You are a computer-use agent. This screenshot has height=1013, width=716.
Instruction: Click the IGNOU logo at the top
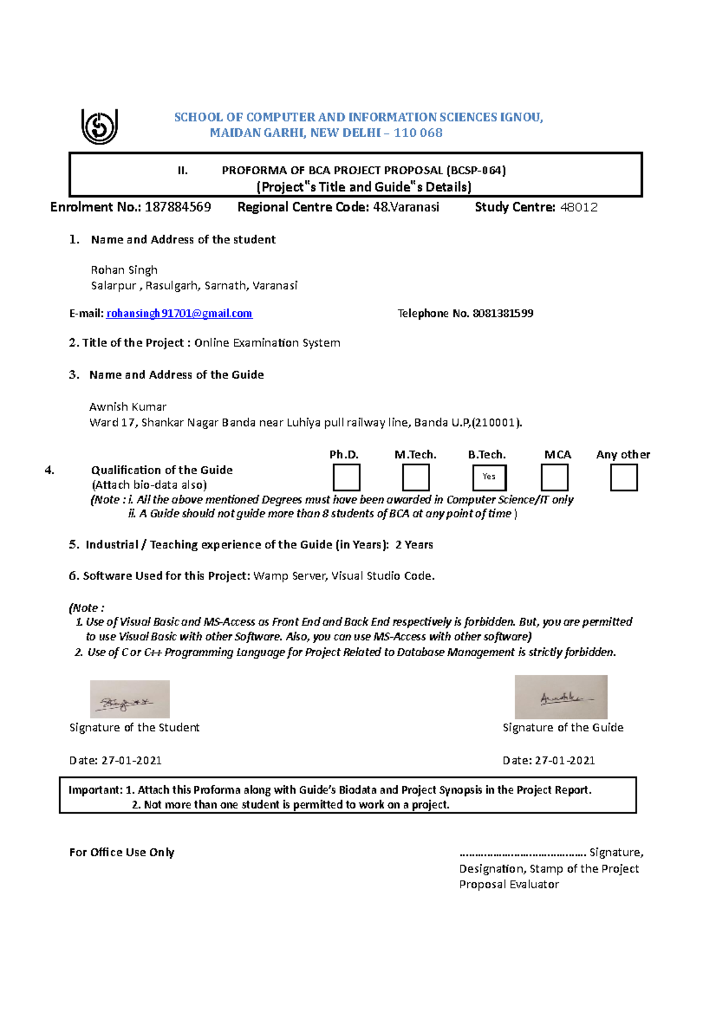[100, 126]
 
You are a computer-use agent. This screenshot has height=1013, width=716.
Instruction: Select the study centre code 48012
[579, 208]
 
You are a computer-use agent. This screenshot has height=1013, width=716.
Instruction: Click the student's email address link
[179, 314]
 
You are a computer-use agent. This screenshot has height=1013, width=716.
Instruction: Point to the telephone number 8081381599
[503, 314]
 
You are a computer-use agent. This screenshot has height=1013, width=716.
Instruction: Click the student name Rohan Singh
[124, 270]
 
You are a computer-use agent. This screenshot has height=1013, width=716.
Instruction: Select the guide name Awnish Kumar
[128, 407]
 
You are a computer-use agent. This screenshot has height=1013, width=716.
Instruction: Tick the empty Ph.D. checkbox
[347, 478]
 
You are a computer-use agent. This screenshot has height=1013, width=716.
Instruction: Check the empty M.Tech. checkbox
[416, 478]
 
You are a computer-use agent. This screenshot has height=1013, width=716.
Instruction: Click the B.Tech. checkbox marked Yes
[489, 477]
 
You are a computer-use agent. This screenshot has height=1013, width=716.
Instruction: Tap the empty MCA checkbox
[554, 478]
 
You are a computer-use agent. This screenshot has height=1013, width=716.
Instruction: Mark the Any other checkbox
[624, 478]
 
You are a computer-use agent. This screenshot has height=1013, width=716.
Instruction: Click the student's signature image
[130, 699]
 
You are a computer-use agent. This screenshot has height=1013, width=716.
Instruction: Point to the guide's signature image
[561, 697]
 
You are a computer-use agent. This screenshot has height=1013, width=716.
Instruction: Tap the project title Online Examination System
[267, 343]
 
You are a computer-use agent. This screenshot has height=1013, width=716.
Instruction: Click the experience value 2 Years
[414, 545]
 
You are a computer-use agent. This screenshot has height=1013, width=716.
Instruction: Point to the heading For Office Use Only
[122, 853]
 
